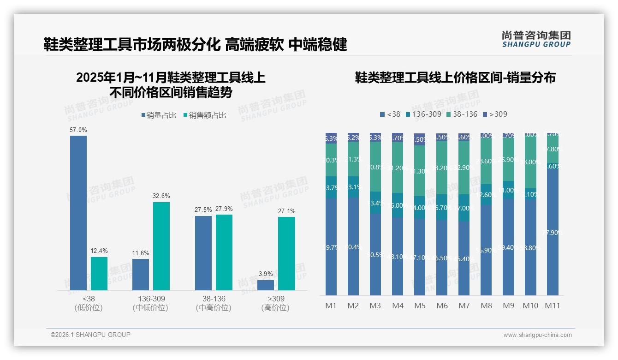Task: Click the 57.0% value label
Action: click(x=78, y=130)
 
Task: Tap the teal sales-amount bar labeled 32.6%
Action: click(x=161, y=246)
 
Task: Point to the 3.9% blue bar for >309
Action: click(x=266, y=285)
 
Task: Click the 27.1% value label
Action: click(x=286, y=211)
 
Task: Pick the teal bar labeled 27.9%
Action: click(x=224, y=252)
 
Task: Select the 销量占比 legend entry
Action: click(x=159, y=115)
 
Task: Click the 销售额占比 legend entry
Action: click(x=205, y=115)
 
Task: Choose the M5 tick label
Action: click(x=420, y=306)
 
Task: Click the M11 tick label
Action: click(x=553, y=306)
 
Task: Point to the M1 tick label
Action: click(x=331, y=306)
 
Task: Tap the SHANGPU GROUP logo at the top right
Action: click(x=536, y=39)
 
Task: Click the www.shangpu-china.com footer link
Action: click(x=537, y=335)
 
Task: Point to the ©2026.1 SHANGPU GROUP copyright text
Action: click(x=90, y=335)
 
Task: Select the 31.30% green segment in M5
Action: click(x=420, y=171)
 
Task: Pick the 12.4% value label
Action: click(x=99, y=252)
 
